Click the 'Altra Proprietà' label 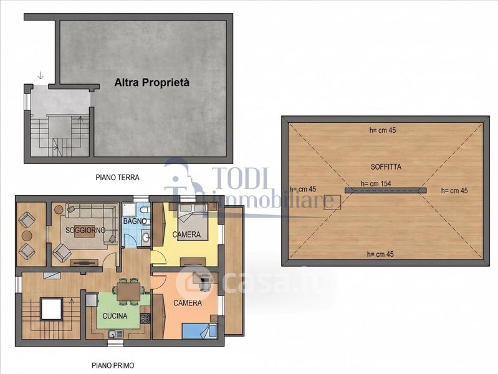[x=152, y=83]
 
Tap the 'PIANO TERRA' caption [x=118, y=177]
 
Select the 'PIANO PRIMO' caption [x=113, y=365]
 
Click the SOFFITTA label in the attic [x=386, y=166]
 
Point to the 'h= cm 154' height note [x=376, y=184]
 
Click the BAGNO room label [x=135, y=221]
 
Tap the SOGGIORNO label [x=85, y=230]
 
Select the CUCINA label [x=115, y=316]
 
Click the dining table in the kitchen [x=128, y=291]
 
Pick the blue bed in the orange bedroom [x=199, y=331]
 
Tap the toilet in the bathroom [x=145, y=210]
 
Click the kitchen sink [x=115, y=334]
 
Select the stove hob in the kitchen [x=145, y=318]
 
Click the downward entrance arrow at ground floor [x=41, y=75]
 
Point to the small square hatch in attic [x=332, y=202]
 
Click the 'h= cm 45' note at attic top [x=383, y=130]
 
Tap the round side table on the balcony [x=27, y=236]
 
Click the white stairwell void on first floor [x=51, y=309]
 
